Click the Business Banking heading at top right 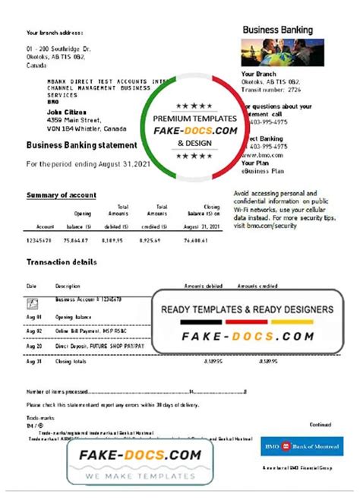point(277,30)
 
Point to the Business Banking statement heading point(82,145)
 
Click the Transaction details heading point(62,262)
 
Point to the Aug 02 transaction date point(34,331)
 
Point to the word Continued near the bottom point(321,424)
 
